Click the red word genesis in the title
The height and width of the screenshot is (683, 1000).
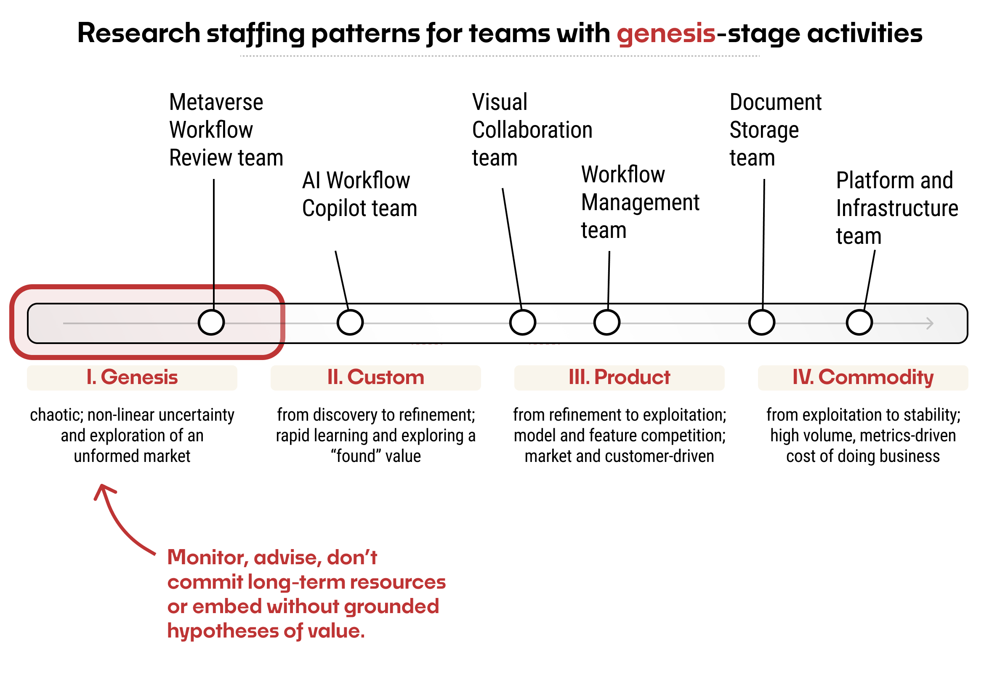[666, 34]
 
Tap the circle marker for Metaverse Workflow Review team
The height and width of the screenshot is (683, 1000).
[211, 323]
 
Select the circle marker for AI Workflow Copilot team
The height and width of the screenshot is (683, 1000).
[350, 323]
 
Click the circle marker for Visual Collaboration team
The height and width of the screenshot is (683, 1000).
[522, 323]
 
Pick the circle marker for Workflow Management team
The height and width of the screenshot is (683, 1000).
[606, 323]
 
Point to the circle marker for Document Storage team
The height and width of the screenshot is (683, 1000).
[761, 323]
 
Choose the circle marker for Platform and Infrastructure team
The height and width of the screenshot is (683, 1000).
[859, 323]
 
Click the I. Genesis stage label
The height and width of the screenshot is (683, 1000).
[132, 377]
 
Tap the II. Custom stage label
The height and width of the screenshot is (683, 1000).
[375, 377]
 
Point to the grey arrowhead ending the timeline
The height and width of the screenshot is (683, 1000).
[929, 323]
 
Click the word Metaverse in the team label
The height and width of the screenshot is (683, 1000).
[216, 102]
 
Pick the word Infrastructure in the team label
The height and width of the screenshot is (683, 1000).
[897, 209]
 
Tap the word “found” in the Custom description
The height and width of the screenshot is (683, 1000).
[355, 456]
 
